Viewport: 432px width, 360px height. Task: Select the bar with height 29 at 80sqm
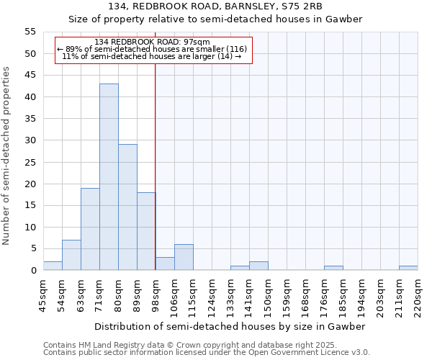click(x=127, y=207)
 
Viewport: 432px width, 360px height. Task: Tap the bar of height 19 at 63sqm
click(x=90, y=229)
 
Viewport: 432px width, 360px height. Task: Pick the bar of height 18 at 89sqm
click(x=146, y=231)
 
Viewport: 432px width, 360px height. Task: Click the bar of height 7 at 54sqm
click(x=71, y=255)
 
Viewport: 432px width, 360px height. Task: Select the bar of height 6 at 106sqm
click(x=184, y=257)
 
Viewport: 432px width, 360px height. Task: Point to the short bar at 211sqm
click(x=408, y=268)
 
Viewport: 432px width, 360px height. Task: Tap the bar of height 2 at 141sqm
click(x=258, y=266)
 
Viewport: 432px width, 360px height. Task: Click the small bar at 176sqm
click(x=333, y=268)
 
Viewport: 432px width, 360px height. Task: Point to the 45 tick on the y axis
click(x=30, y=76)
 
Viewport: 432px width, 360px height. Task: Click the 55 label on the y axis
click(x=30, y=32)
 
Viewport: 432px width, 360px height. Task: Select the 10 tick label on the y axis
click(x=30, y=228)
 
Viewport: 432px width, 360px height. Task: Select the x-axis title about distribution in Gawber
click(x=230, y=326)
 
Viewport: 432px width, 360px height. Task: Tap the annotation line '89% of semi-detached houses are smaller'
click(x=152, y=49)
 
